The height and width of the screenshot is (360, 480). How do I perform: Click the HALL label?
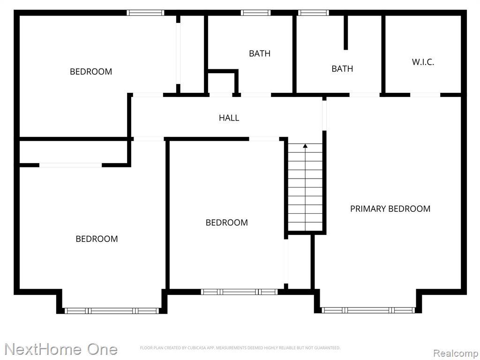[x=229, y=118]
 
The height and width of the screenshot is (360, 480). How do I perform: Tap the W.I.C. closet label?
[x=423, y=62]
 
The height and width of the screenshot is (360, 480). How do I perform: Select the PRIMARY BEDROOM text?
[x=390, y=209]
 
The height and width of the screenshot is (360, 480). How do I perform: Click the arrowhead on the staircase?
[x=305, y=146]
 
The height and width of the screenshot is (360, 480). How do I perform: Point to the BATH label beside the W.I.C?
[x=342, y=68]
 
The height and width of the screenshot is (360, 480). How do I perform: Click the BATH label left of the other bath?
[x=260, y=53]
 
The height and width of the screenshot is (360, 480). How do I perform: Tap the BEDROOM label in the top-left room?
[x=91, y=72]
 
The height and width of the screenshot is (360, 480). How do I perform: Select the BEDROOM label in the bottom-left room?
[x=97, y=239]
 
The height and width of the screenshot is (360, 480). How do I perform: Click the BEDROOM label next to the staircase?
[x=227, y=223]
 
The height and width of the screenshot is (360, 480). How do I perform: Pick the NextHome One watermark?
[x=61, y=349]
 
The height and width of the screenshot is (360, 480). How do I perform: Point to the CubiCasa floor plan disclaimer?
[x=240, y=348]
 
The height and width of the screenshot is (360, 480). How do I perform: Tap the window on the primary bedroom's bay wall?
[x=368, y=310]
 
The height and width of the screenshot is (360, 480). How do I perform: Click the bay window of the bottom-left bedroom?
[x=112, y=311]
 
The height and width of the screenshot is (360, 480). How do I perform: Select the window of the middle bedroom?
[x=239, y=292]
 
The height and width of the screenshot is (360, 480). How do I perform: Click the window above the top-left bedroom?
[x=145, y=13]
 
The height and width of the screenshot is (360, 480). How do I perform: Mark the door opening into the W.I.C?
[x=425, y=95]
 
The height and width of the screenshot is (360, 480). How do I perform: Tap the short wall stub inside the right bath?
[x=345, y=32]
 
